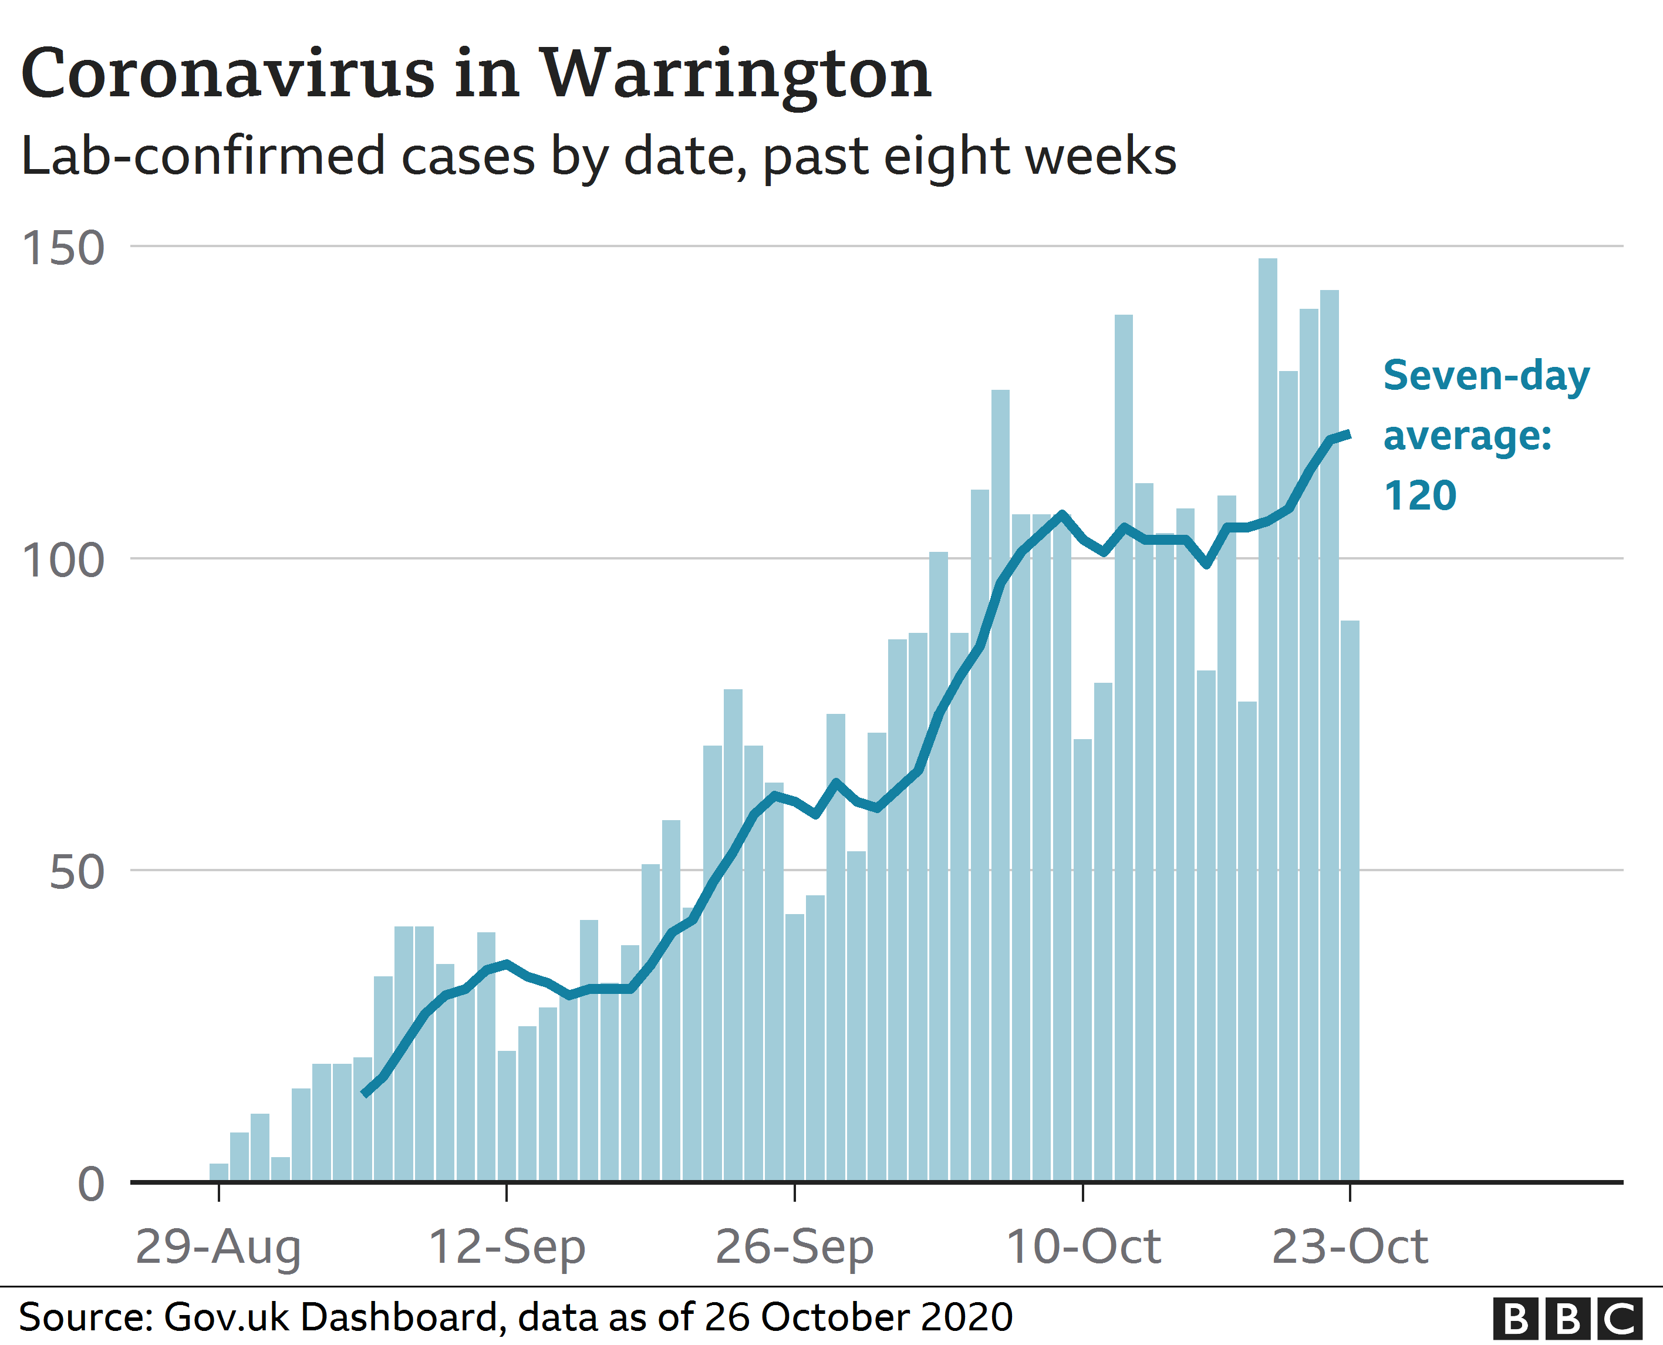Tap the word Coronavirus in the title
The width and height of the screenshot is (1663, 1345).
coord(228,75)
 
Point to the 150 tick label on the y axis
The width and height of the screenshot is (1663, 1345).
coord(63,249)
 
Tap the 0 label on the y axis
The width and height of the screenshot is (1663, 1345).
coord(90,1185)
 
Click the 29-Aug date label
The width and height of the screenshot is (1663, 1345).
coord(218,1248)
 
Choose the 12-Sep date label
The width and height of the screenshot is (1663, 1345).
coord(507,1248)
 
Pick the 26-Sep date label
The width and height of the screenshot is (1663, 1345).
coord(795,1248)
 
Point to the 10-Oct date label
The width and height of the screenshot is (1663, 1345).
coord(1083,1248)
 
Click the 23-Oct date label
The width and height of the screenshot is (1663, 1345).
coord(1350,1248)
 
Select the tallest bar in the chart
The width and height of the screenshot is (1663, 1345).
coord(1267,720)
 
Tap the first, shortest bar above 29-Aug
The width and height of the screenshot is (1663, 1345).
coord(219,1173)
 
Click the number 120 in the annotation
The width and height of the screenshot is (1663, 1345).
coord(1420,496)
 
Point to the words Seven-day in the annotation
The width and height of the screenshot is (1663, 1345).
coord(1486,376)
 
